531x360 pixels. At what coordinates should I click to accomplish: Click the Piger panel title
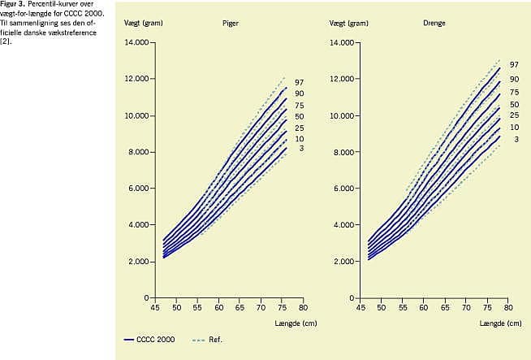[x=231, y=23]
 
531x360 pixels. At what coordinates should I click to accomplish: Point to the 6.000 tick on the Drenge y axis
[x=343, y=189]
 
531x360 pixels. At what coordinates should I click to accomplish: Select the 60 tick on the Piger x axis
[x=219, y=309]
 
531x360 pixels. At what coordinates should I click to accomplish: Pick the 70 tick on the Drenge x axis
[x=465, y=309]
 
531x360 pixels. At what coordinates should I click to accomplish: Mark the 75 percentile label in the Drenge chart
[x=514, y=93]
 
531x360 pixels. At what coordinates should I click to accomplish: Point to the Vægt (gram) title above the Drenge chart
[x=349, y=23]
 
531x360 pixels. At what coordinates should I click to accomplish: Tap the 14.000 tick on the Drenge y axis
[x=342, y=42]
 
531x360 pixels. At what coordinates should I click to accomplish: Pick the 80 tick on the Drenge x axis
[x=507, y=309]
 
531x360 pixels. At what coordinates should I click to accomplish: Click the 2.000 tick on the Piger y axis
[x=138, y=262]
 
